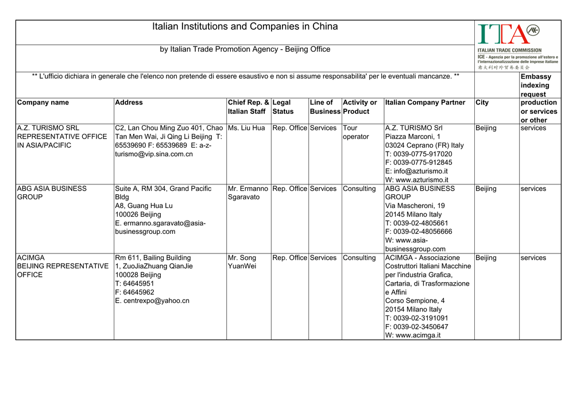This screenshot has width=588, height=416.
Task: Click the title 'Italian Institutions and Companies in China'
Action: pos(245,27)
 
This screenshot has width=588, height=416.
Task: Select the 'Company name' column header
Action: pos(43,103)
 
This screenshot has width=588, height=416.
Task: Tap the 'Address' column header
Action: pos(129,103)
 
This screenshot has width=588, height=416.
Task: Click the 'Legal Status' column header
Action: pos(283,107)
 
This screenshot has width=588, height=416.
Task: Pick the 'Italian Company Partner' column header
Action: pos(425,103)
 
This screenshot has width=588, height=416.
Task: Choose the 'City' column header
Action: pos(482,103)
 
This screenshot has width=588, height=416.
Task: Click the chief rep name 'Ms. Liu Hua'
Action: pos(246,128)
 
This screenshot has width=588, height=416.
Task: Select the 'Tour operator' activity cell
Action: pos(355,132)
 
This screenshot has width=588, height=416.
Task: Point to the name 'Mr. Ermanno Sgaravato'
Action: pos(247,193)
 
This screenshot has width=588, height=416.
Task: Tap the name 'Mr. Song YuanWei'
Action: pos(242,262)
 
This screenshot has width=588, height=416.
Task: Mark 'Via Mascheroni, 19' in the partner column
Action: pos(415,206)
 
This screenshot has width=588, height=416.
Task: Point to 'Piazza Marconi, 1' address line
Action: pos(413,137)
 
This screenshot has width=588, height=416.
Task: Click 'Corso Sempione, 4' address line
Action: pos(415,301)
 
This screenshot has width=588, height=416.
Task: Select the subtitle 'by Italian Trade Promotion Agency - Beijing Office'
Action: pos(245,49)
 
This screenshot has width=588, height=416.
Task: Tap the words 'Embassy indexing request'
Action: pos(536,85)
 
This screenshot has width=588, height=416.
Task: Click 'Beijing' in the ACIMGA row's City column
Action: pos(486,258)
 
